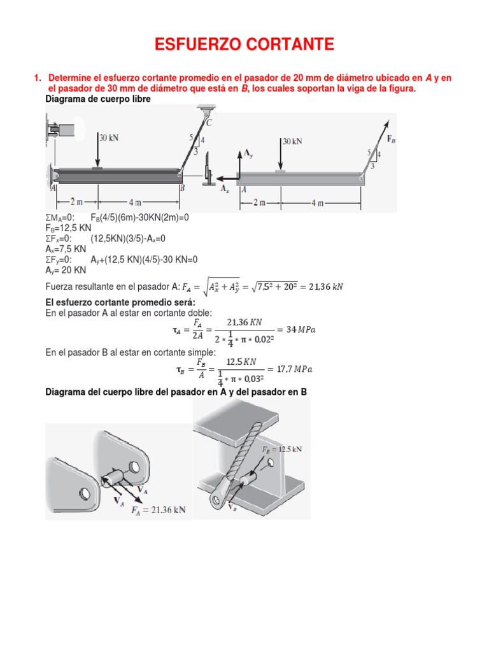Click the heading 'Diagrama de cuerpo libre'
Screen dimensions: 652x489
point(98,100)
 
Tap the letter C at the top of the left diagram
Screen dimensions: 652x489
point(209,122)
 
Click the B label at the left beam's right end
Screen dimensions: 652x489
point(182,188)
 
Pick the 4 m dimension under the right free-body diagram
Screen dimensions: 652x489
point(316,203)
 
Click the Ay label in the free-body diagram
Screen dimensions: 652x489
point(248,153)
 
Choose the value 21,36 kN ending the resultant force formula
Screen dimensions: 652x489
point(323,287)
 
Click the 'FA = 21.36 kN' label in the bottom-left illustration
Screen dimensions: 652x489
point(159,510)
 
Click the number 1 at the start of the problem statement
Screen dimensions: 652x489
point(36,78)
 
